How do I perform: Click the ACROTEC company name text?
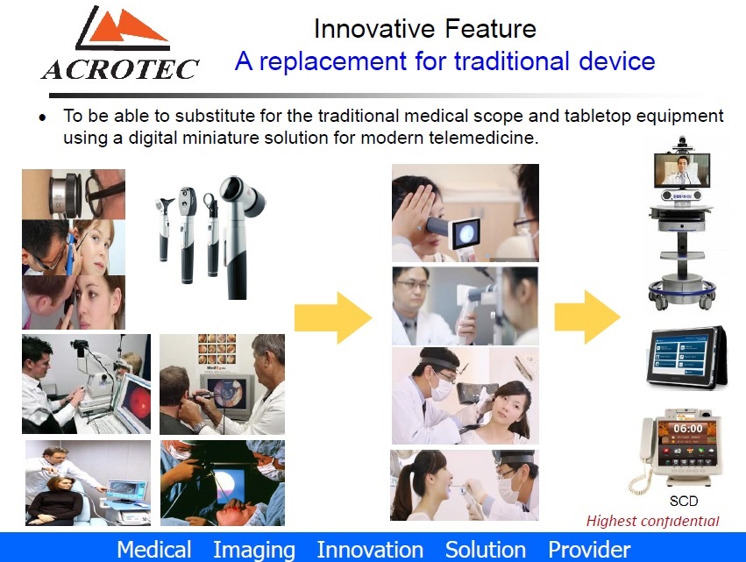pos(120,69)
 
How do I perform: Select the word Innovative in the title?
pos(374,29)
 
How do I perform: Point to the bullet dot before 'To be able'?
pos(43,117)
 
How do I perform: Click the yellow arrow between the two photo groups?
pos(333,317)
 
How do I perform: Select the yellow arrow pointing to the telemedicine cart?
pos(587,317)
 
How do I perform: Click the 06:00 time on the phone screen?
pos(688,429)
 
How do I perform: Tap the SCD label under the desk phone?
pos(684,502)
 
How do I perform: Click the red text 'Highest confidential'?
pos(652,521)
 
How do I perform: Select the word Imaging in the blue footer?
pos(253,550)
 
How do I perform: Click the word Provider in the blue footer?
pos(589,550)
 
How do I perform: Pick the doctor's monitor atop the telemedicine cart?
pos(682,170)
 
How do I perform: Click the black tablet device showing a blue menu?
pos(686,357)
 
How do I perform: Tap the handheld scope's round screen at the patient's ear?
pos(465,233)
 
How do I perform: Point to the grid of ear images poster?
pos(217,350)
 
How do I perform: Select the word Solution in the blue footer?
pos(486,550)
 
